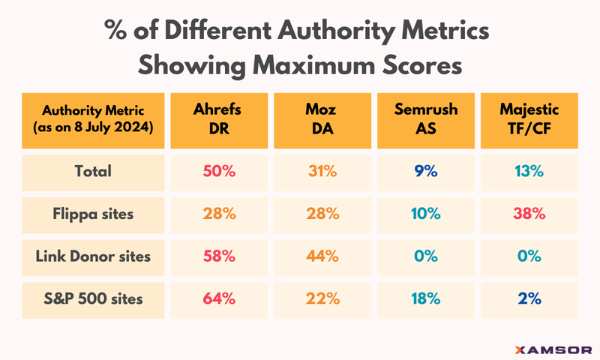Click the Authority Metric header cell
tap(92, 118)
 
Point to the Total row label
tap(92, 171)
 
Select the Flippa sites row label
tap(92, 214)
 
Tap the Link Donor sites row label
tap(92, 256)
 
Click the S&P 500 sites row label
tap(92, 298)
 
